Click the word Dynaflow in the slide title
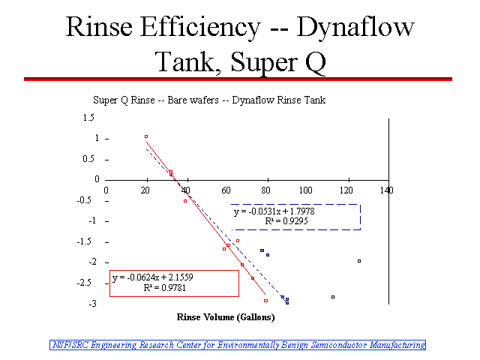tap(355, 28)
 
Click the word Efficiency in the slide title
tap(200, 28)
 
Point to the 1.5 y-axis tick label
tap(88, 118)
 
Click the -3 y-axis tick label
tap(93, 304)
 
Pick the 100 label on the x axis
tap(305, 190)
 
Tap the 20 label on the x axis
tap(145, 190)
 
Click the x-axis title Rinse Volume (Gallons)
tap(226, 317)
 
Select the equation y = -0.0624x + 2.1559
tap(153, 277)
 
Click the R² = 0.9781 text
tap(165, 288)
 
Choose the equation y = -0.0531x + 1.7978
tap(274, 211)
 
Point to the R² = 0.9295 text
tap(286, 221)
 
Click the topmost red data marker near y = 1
tap(146, 136)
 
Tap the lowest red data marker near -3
tap(265, 301)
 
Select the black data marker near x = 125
tap(359, 261)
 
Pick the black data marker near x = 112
tap(333, 297)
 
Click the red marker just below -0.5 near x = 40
tap(185, 201)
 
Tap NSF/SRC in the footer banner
tap(70, 345)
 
